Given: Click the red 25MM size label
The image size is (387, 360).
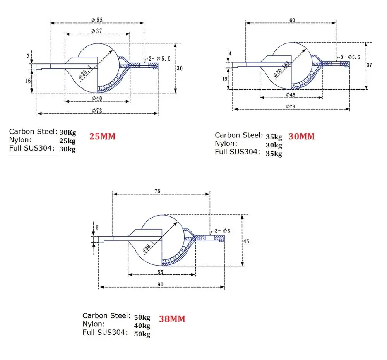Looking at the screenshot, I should [x=103, y=137].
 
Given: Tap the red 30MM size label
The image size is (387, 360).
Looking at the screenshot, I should [x=301, y=137].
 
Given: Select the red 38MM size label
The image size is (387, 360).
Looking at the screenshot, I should [x=172, y=319].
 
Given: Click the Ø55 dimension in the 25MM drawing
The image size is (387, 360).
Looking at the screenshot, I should [x=97, y=20].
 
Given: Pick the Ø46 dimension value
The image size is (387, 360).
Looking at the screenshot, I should [x=291, y=94].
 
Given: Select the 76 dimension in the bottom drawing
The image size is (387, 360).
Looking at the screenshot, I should [x=157, y=191].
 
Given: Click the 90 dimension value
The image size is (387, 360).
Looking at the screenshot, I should [x=161, y=285].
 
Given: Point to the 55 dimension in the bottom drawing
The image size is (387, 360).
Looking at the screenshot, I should [x=161, y=272].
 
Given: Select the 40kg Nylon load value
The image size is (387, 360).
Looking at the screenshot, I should [x=142, y=326].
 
